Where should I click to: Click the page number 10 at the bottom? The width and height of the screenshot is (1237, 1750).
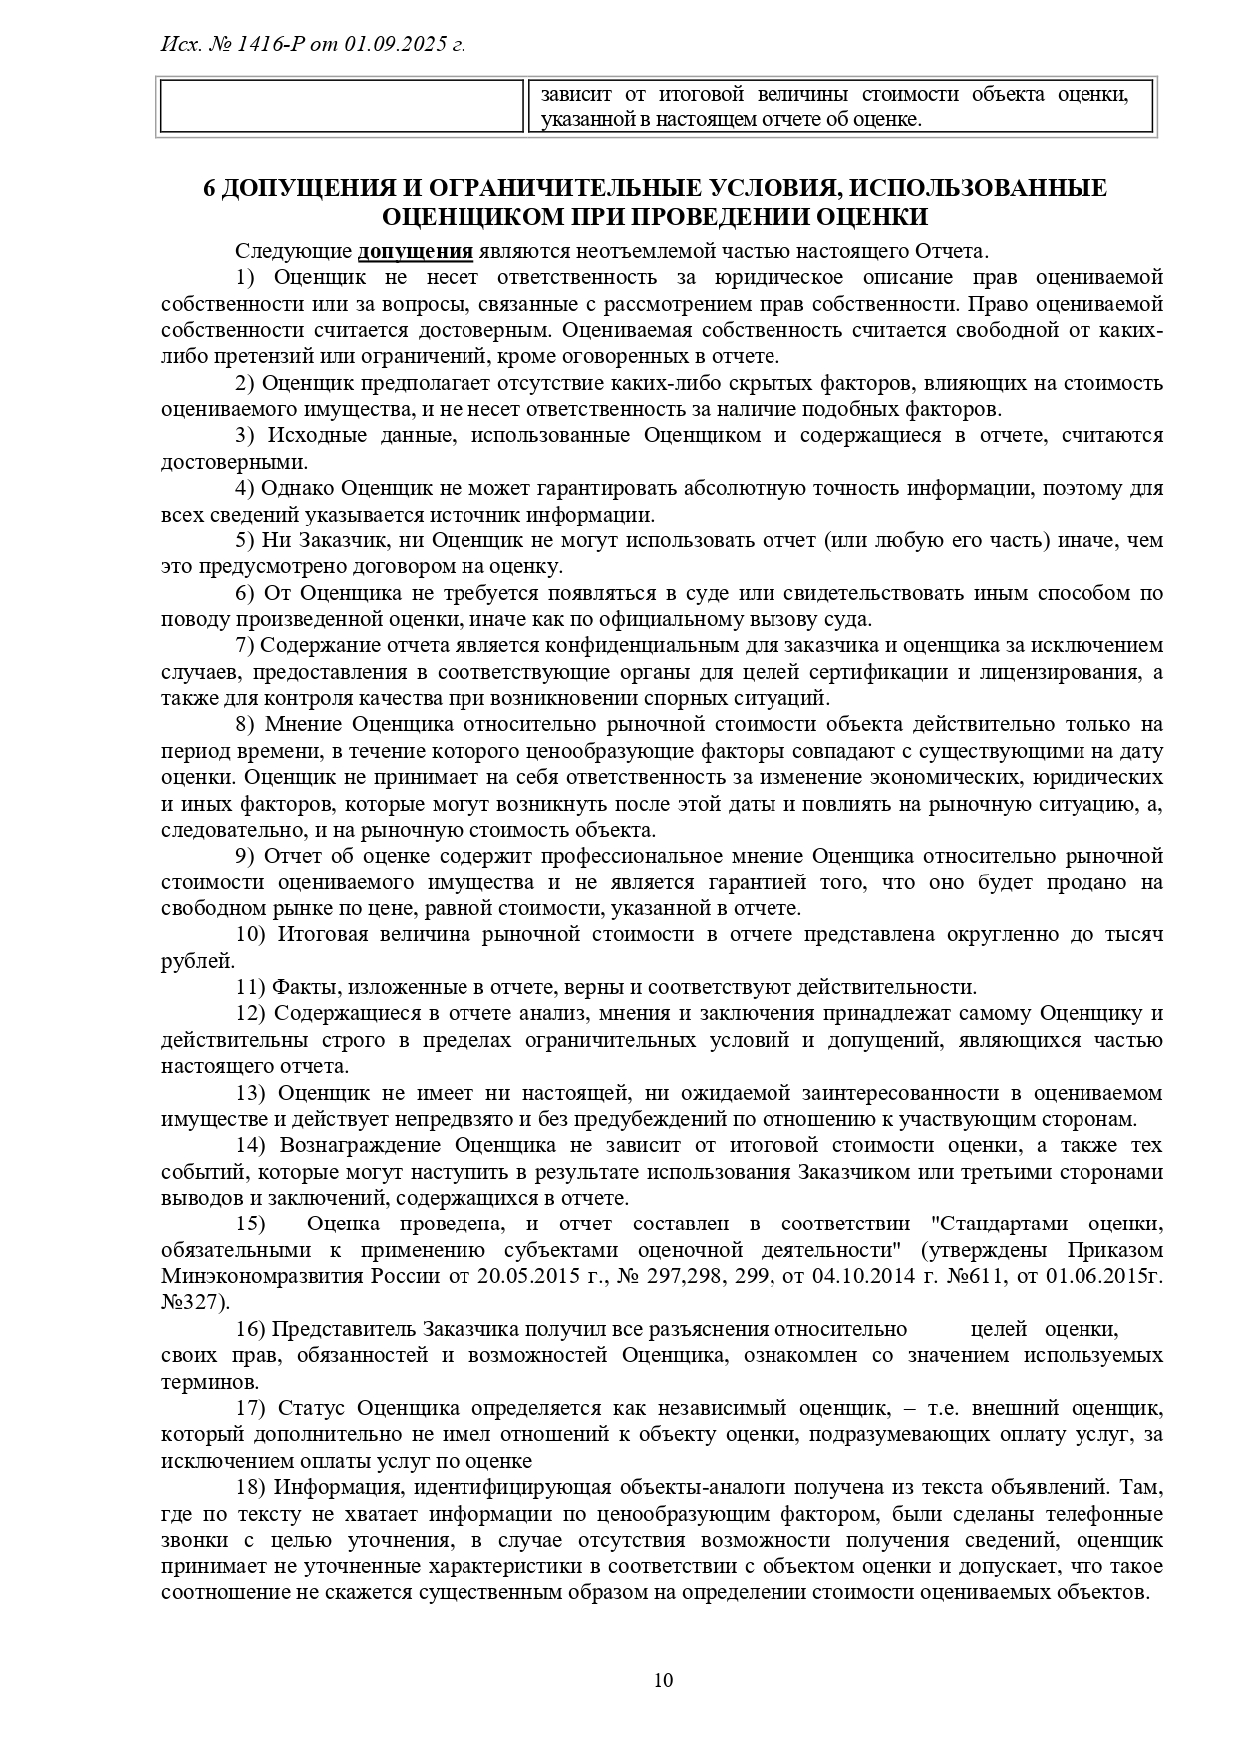pos(663,1680)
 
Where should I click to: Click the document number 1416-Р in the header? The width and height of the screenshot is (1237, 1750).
pos(274,45)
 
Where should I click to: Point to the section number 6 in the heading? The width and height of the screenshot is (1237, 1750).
pos(209,189)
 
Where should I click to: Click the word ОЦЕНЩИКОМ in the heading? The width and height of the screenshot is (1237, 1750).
pos(473,217)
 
